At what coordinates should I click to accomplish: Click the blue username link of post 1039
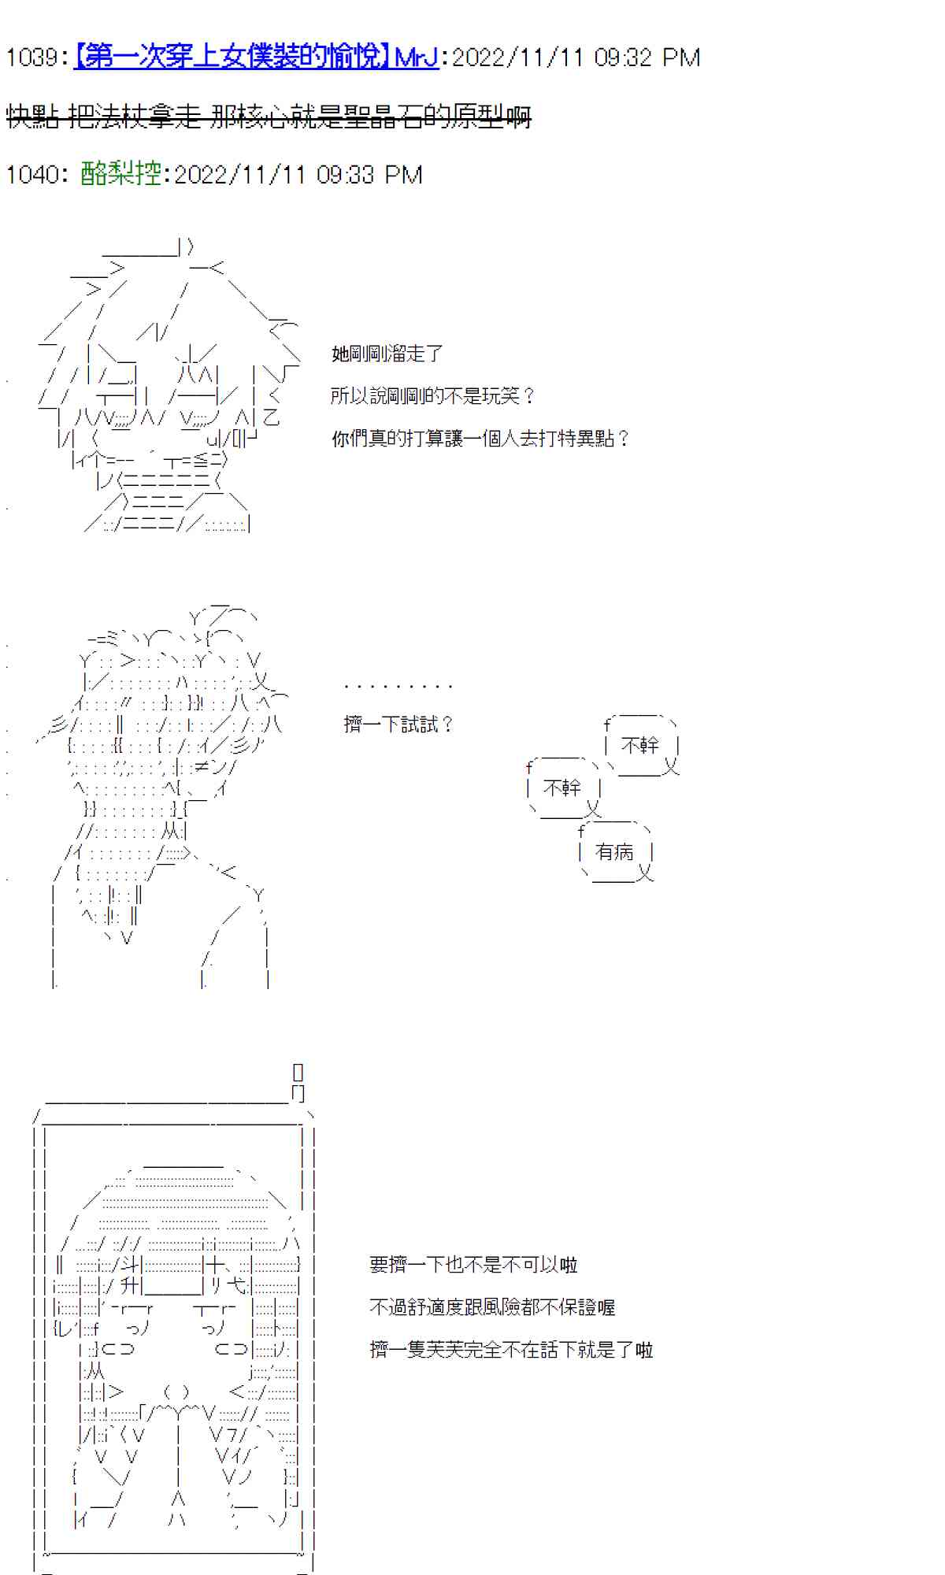click(256, 57)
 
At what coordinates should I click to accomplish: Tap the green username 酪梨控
click(120, 174)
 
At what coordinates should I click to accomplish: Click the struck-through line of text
click(269, 117)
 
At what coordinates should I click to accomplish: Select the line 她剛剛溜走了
click(387, 354)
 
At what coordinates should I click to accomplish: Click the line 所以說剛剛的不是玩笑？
click(432, 395)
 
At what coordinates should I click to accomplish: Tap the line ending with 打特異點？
click(480, 438)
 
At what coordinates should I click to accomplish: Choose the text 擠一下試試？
click(398, 724)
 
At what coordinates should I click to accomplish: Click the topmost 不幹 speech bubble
click(640, 745)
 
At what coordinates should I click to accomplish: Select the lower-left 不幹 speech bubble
click(562, 787)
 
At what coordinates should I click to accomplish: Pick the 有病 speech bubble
click(615, 852)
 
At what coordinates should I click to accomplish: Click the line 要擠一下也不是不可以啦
click(472, 1265)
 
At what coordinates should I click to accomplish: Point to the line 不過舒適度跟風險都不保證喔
click(491, 1307)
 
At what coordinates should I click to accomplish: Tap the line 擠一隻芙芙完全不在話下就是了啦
click(511, 1350)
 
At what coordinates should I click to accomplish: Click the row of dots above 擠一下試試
click(398, 687)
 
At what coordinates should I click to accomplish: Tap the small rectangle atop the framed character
click(298, 1072)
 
